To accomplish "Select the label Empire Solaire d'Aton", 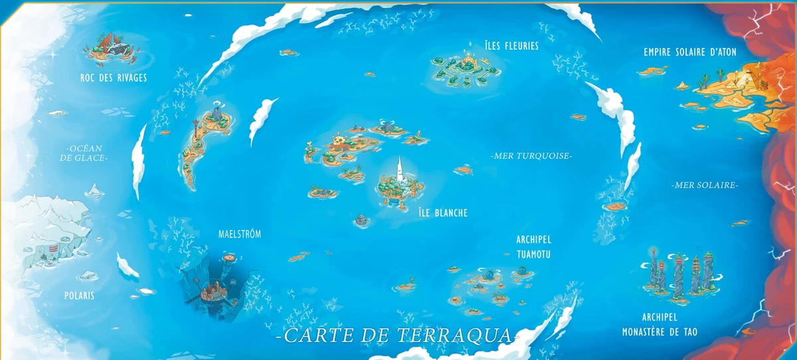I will pyautogui.click(x=690, y=52).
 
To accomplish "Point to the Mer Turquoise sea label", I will pyautogui.click(x=531, y=155).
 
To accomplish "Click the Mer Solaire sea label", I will pyautogui.click(x=704, y=185).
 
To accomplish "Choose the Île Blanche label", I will pyautogui.click(x=443, y=213).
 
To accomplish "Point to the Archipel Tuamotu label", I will pyautogui.click(x=533, y=246).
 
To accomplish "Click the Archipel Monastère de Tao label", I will pyautogui.click(x=660, y=323).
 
